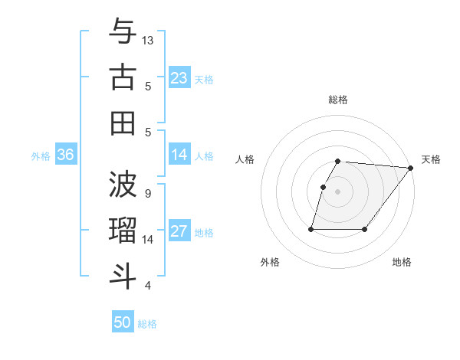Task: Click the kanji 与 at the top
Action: (x=123, y=32)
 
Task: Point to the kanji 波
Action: (x=123, y=184)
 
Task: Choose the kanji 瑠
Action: (x=123, y=230)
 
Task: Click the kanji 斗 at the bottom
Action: (x=123, y=275)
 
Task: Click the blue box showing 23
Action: (x=179, y=77)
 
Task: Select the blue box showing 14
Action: (x=179, y=155)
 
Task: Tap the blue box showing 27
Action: (x=179, y=232)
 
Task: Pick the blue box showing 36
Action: (x=66, y=155)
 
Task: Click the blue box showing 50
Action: (x=123, y=322)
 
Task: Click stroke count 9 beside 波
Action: (x=147, y=193)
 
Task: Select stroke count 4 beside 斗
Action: (x=147, y=286)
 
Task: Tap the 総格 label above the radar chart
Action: (x=338, y=100)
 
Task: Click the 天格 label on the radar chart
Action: (x=431, y=159)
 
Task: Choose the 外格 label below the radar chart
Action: (x=270, y=262)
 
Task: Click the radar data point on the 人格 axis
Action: (x=323, y=187)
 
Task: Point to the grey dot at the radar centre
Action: (x=338, y=191)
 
